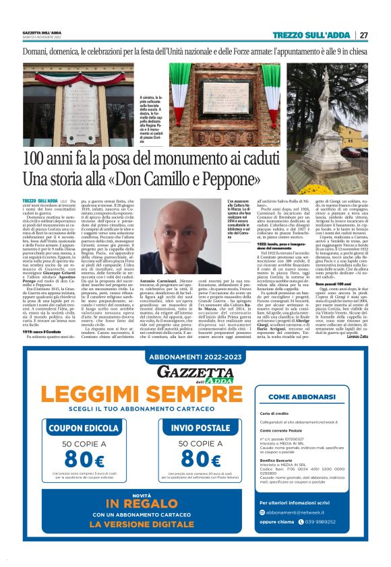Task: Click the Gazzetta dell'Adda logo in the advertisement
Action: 194,374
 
